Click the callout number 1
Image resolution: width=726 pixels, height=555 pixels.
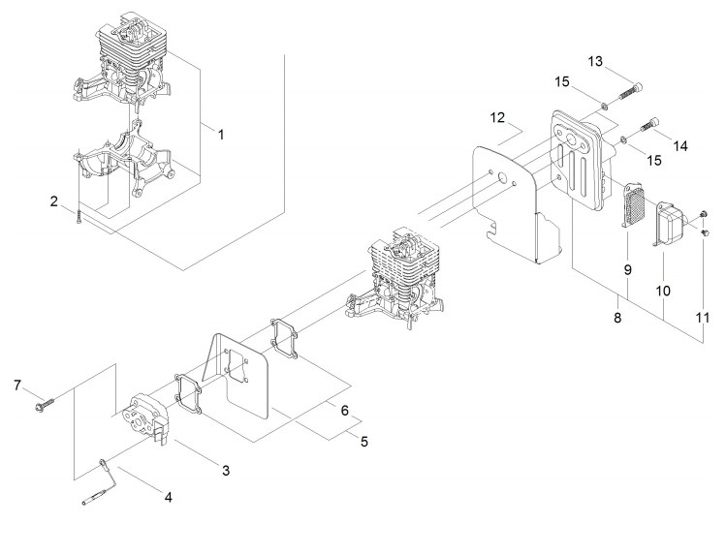[221, 135]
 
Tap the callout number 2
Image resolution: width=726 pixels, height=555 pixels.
[54, 201]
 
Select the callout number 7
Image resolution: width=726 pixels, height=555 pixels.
[17, 385]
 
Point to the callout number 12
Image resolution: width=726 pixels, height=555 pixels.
[498, 117]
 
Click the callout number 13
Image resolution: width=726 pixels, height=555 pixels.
[595, 61]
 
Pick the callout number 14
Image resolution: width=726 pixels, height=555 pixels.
[680, 145]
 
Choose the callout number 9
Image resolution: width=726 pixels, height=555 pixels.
[628, 269]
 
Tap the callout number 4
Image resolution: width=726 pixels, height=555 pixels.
[169, 497]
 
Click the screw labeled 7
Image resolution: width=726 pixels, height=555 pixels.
[45, 405]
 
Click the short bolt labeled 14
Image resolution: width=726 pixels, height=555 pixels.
[649, 124]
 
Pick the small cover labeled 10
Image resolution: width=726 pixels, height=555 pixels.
[668, 223]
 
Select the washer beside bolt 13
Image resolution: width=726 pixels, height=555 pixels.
[605, 107]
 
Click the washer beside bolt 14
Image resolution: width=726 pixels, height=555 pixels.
[624, 139]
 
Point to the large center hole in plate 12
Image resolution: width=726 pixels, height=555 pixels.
[502, 178]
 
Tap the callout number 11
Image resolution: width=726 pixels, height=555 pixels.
[703, 318]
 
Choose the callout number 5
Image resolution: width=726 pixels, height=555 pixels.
[364, 442]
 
